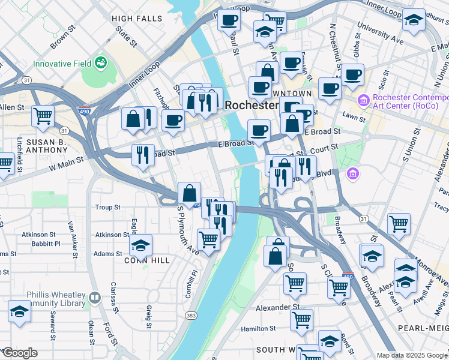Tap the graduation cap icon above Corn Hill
[140, 245]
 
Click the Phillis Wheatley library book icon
[94, 298]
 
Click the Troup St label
[108, 208]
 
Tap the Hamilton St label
[258, 329]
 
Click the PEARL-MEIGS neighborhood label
[424, 329]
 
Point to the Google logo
[19, 353]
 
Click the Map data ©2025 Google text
[412, 355]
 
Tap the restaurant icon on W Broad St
[143, 155]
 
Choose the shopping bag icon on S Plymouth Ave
[189, 194]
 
